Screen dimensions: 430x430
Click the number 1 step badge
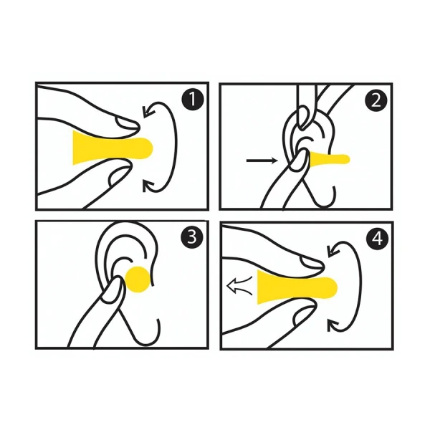click(193, 100)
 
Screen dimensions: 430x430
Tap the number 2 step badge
click(376, 100)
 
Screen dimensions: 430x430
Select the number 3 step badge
click(192, 237)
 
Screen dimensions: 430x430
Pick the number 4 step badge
click(377, 239)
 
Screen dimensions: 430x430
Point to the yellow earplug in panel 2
click(329, 160)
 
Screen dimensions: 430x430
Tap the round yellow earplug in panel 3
click(138, 279)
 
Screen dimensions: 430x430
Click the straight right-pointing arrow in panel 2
click(262, 161)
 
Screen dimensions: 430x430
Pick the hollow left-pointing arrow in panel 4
click(239, 286)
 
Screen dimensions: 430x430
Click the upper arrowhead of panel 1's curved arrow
click(149, 112)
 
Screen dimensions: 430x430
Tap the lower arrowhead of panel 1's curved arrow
click(148, 186)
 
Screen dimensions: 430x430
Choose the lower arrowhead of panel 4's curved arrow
click(333, 325)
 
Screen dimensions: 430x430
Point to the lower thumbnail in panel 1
click(118, 176)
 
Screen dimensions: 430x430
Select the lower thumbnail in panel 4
click(303, 315)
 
